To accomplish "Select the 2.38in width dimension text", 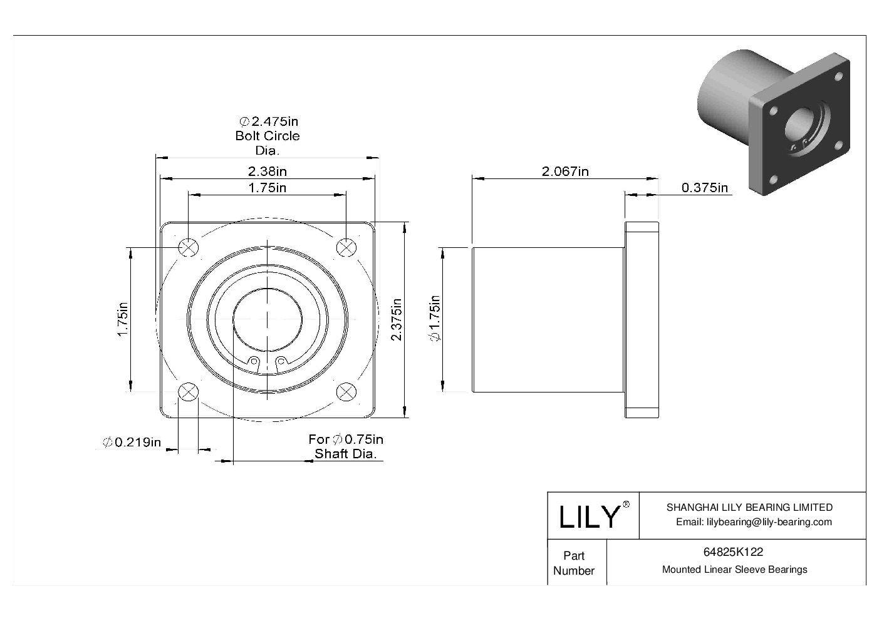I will [x=268, y=171].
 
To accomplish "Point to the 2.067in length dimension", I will [x=564, y=171].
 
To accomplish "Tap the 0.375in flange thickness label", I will [x=704, y=187].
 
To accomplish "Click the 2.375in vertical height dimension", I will [x=396, y=319].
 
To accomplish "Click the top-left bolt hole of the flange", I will [x=188, y=248].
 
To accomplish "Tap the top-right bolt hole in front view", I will [x=346, y=248].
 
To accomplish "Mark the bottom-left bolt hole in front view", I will [x=188, y=393].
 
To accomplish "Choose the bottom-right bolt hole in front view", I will [x=346, y=393].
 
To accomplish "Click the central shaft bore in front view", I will [x=268, y=320].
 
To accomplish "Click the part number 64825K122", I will [x=733, y=552].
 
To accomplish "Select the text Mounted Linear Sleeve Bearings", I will [x=734, y=570].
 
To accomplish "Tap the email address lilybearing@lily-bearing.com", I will [x=754, y=522].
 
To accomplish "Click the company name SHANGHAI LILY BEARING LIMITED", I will [x=749, y=507].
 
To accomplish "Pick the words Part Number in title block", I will [x=574, y=563].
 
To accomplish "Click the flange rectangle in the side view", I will [x=641, y=320].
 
